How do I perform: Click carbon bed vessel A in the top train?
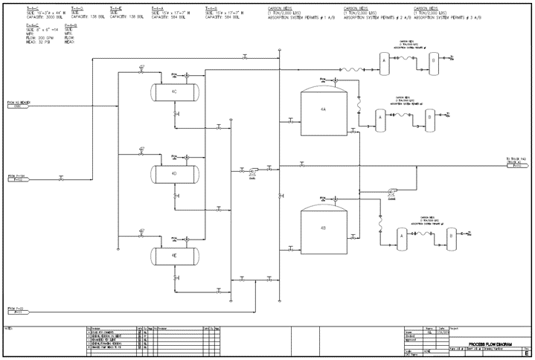pyautogui.click(x=384, y=60)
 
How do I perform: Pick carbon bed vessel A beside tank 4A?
pyautogui.click(x=380, y=118)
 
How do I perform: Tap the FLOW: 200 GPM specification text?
pyautogui.click(x=38, y=35)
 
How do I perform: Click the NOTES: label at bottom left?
pyautogui.click(x=9, y=327)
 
